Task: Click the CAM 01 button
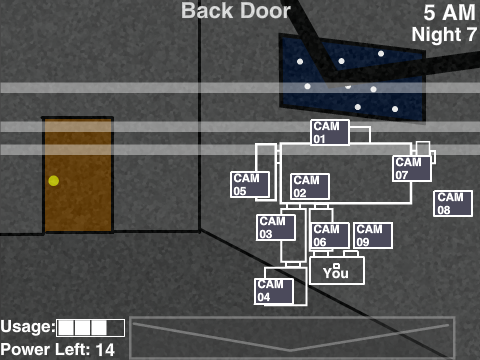point(330,132)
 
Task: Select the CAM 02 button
point(310,186)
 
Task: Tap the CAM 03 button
point(276,227)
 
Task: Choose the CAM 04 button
point(274,291)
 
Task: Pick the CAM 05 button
point(250,185)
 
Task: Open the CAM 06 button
point(330,235)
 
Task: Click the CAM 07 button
point(412,168)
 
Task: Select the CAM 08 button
point(453,203)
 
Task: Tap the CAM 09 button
point(373,235)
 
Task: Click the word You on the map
point(336,273)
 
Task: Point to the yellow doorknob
point(54,181)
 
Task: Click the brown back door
point(78,175)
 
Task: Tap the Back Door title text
point(236,11)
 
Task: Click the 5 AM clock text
point(449,13)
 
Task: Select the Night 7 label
point(444,34)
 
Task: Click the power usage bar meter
point(91,328)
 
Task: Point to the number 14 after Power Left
point(105,350)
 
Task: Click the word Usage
point(27,327)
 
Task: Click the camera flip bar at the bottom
point(292,337)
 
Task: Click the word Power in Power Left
point(26,350)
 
